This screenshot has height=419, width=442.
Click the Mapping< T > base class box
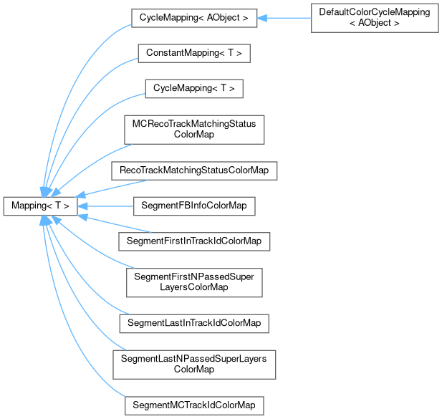click(39, 206)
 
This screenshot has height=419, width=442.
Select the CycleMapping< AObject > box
click(193, 18)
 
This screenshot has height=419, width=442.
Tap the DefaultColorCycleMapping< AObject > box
click(375, 18)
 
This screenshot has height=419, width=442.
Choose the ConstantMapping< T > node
click(193, 54)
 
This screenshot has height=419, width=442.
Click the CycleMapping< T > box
click(193, 89)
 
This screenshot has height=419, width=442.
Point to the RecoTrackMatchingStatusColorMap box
click(193, 170)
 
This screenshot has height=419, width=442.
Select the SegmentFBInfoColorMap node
click(193, 206)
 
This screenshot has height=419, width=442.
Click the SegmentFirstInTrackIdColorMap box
click(193, 241)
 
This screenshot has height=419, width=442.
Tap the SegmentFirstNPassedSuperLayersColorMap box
click(193, 282)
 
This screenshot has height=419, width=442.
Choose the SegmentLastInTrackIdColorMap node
click(193, 323)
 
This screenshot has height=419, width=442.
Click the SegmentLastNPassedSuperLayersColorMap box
click(193, 364)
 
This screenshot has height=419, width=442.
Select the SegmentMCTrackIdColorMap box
click(193, 405)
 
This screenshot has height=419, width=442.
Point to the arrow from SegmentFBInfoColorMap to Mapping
click(107, 206)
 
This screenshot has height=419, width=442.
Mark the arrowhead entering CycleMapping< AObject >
click(262, 18)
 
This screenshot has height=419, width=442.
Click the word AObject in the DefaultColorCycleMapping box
click(380, 24)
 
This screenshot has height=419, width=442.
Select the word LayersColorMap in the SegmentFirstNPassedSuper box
click(193, 288)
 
